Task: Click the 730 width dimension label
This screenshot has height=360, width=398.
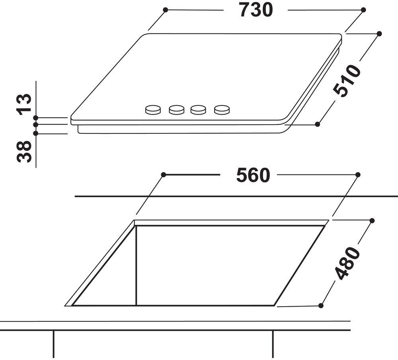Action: point(256,10)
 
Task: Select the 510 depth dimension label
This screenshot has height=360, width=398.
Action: point(347,81)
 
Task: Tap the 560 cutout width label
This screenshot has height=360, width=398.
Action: point(253,175)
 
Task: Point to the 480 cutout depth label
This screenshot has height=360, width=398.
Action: point(347,263)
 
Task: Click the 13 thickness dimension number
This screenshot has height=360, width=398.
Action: point(24,104)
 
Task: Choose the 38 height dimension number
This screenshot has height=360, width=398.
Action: point(24,152)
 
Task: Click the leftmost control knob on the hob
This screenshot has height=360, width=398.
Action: point(153,110)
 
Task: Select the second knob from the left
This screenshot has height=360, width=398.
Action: point(177,110)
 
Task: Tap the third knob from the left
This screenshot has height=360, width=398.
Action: point(198,110)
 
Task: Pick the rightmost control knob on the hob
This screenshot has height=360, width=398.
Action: point(222,110)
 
